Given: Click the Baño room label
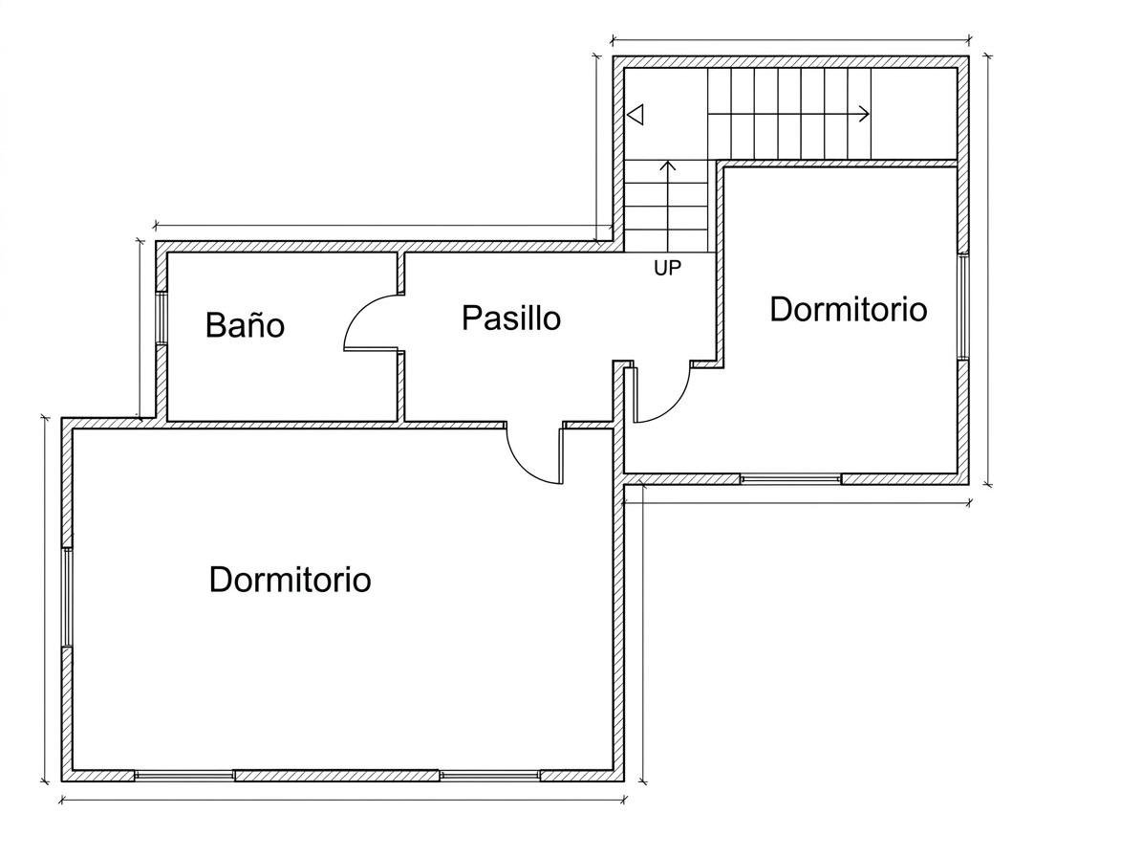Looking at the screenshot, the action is pyautogui.click(x=245, y=325).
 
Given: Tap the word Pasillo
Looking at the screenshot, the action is pyautogui.click(x=511, y=319).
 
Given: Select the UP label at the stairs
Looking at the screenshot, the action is pyautogui.click(x=667, y=268).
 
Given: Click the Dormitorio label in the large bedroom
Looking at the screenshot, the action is pyautogui.click(x=290, y=580).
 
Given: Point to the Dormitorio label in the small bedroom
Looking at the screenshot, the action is pyautogui.click(x=849, y=309).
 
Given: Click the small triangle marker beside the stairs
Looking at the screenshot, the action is pyautogui.click(x=636, y=115).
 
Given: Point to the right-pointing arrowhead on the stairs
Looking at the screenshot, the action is pyautogui.click(x=865, y=114).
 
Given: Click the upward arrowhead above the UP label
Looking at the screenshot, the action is pyautogui.click(x=668, y=165).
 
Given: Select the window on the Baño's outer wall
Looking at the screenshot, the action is pyautogui.click(x=162, y=318).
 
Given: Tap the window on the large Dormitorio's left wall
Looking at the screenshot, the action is pyautogui.click(x=67, y=597).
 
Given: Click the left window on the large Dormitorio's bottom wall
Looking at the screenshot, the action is pyautogui.click(x=184, y=776).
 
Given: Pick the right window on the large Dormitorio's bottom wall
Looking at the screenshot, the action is pyautogui.click(x=489, y=776).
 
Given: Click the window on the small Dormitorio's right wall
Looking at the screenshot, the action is pyautogui.click(x=963, y=306).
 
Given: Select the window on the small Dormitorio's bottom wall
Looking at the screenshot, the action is pyautogui.click(x=791, y=479).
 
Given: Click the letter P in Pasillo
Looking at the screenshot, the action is pyautogui.click(x=471, y=319).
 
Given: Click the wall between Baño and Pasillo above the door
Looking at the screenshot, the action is pyautogui.click(x=400, y=274).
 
